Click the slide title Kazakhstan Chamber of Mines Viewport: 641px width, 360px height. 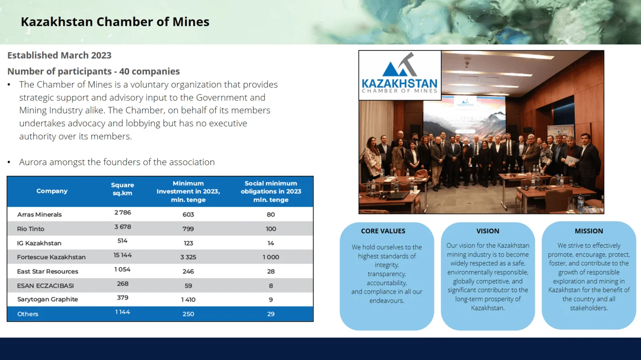pyautogui.click(x=115, y=22)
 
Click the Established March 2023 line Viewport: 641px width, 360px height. pyautogui.click(x=59, y=55)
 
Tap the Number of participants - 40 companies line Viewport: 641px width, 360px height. pyautogui.click(x=93, y=71)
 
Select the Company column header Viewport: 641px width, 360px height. pyautogui.click(x=52, y=191)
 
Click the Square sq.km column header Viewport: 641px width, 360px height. pyautogui.click(x=123, y=189)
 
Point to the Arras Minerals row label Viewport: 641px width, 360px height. pyautogui.click(x=39, y=214)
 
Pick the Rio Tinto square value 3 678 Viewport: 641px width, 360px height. pyautogui.click(x=123, y=227)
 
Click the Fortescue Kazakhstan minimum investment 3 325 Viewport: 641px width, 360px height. pyautogui.click(x=188, y=257)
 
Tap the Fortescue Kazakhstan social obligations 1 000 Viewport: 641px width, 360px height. pyautogui.click(x=271, y=257)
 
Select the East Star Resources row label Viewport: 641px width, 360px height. pyautogui.click(x=48, y=271)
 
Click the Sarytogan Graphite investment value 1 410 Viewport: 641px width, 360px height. pyautogui.click(x=188, y=300)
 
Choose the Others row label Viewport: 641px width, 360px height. pyautogui.click(x=28, y=314)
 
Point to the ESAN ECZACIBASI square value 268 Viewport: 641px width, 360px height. pyautogui.click(x=123, y=284)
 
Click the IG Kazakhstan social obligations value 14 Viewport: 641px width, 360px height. pyautogui.click(x=271, y=243)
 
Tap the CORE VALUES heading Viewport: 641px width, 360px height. pyautogui.click(x=383, y=231)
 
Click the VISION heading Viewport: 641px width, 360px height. pyautogui.click(x=488, y=231)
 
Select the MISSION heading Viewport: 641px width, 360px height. pyautogui.click(x=589, y=231)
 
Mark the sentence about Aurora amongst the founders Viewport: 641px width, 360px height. pyautogui.click(x=117, y=162)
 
